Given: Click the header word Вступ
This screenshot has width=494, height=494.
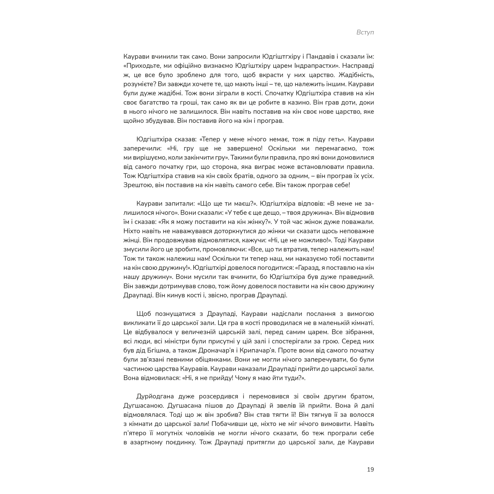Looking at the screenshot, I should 365,32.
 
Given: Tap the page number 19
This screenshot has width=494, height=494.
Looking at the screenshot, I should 370,469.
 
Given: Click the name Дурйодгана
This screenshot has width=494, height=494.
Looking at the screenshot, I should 155,397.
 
